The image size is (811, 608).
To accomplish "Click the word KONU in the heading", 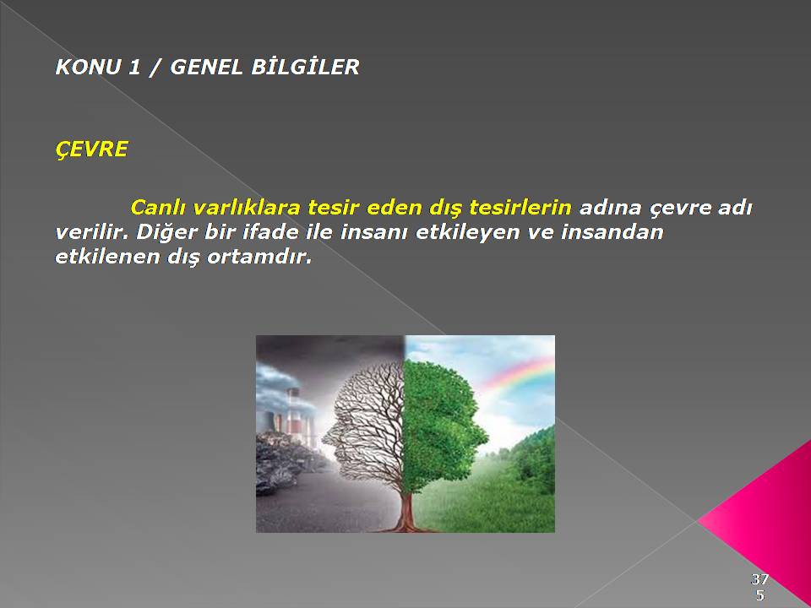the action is point(87,68).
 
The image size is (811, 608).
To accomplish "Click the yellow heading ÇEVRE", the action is point(91,149).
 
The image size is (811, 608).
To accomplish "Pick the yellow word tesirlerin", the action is point(520,208).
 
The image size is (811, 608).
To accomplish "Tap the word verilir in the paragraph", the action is point(91,232).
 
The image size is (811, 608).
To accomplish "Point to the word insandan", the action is point(612,232).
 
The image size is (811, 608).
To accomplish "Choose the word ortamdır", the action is point(259,257).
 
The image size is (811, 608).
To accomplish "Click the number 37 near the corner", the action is point(759,578).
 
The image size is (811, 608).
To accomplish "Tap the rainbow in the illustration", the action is point(517,372).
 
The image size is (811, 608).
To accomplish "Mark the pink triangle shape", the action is point(765,517).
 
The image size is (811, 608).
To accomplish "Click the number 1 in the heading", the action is point(134,68).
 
